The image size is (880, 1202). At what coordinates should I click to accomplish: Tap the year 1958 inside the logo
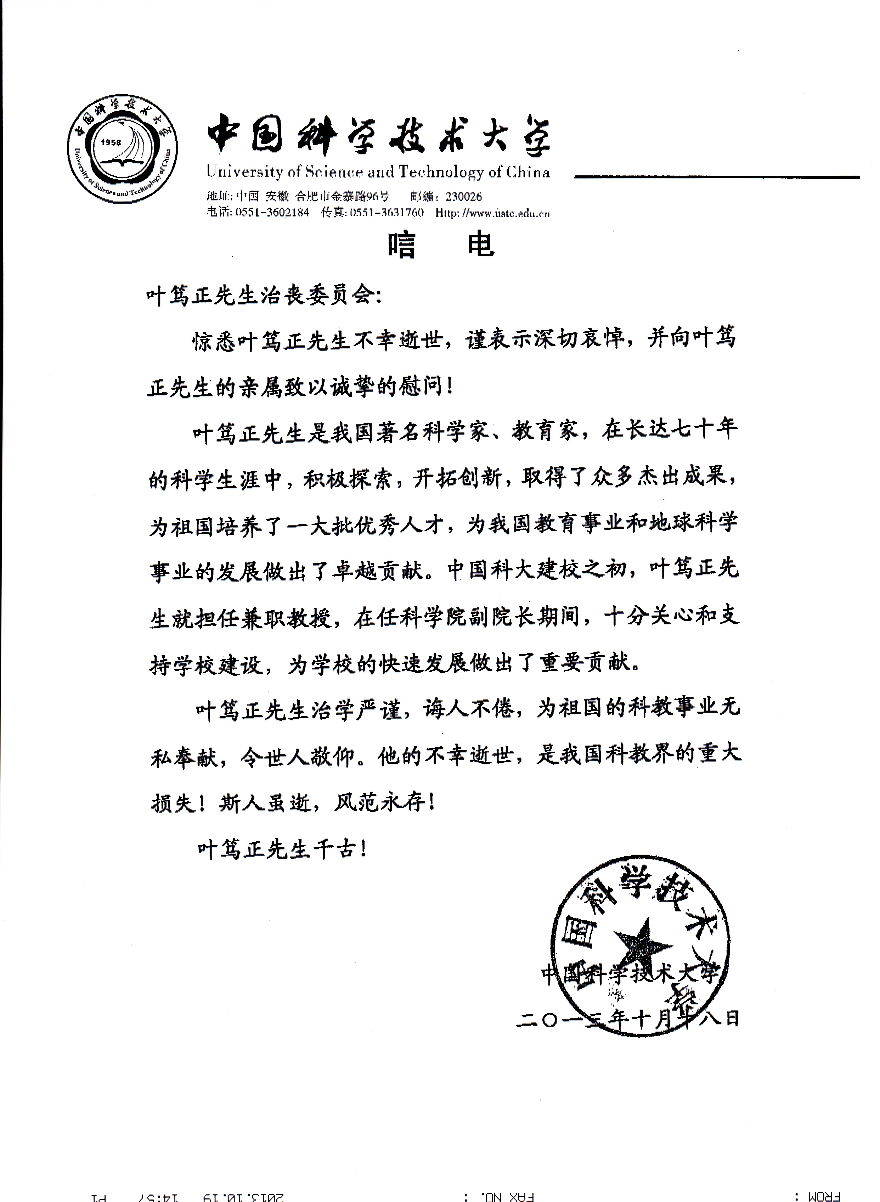pos(111,142)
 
